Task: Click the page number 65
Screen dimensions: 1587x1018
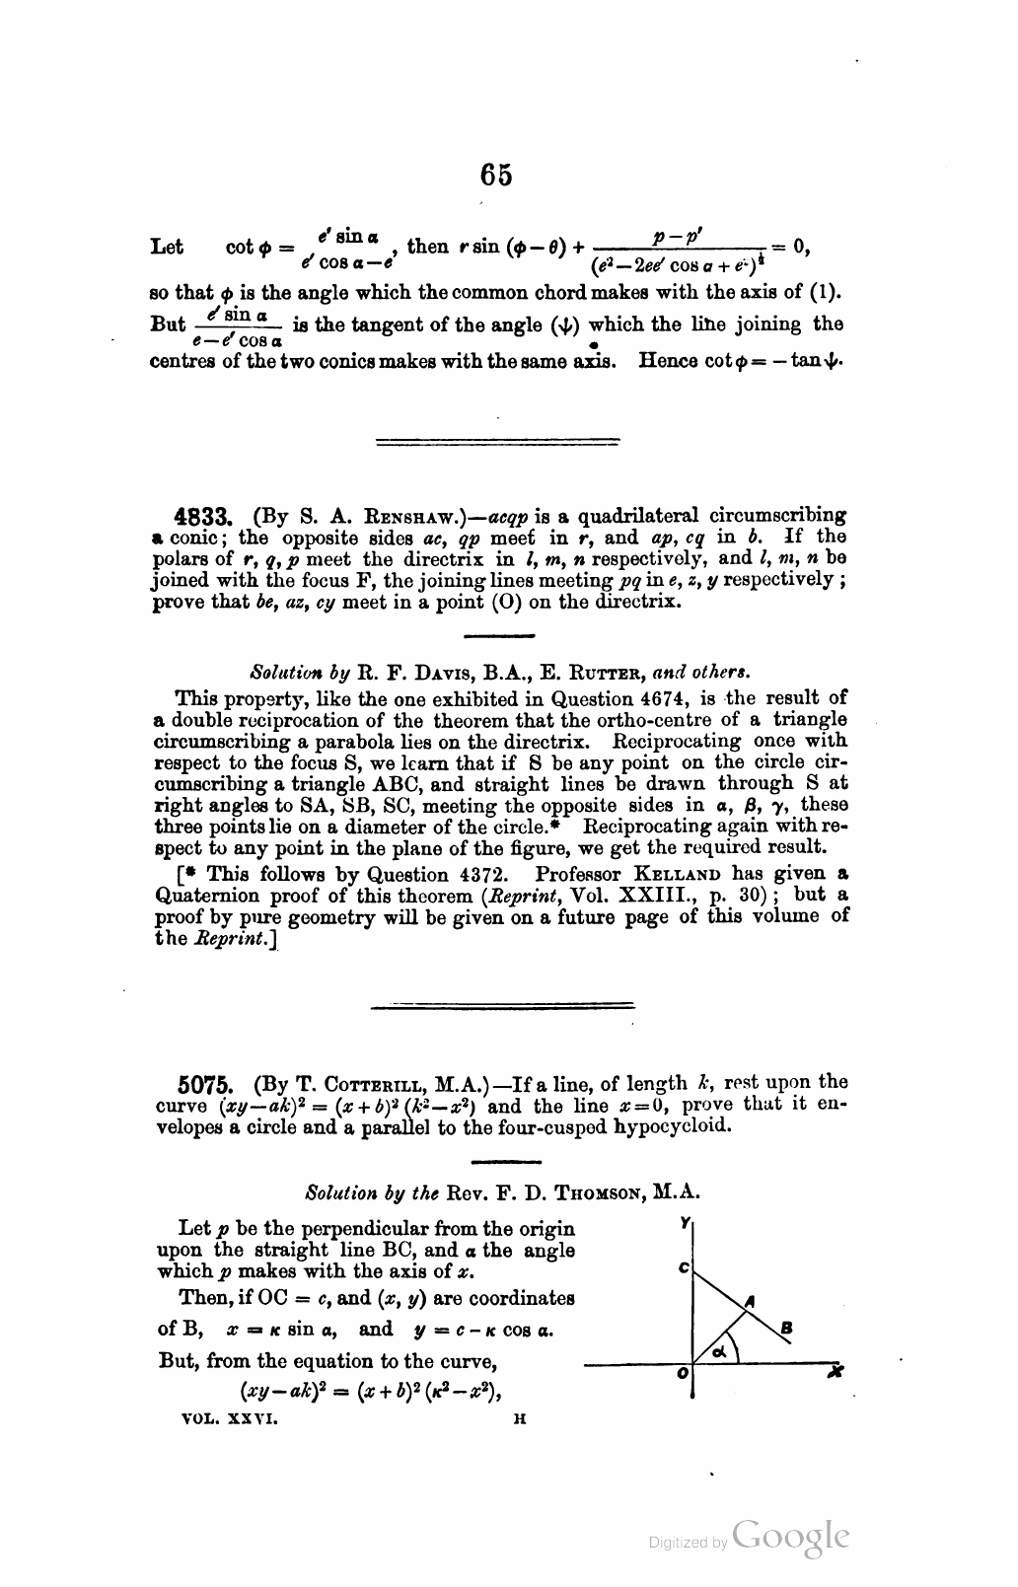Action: tap(496, 175)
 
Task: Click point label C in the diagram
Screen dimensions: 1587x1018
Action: tap(683, 1269)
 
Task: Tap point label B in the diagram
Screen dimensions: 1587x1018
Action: tap(785, 1327)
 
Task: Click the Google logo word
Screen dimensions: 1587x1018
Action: tap(791, 1537)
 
